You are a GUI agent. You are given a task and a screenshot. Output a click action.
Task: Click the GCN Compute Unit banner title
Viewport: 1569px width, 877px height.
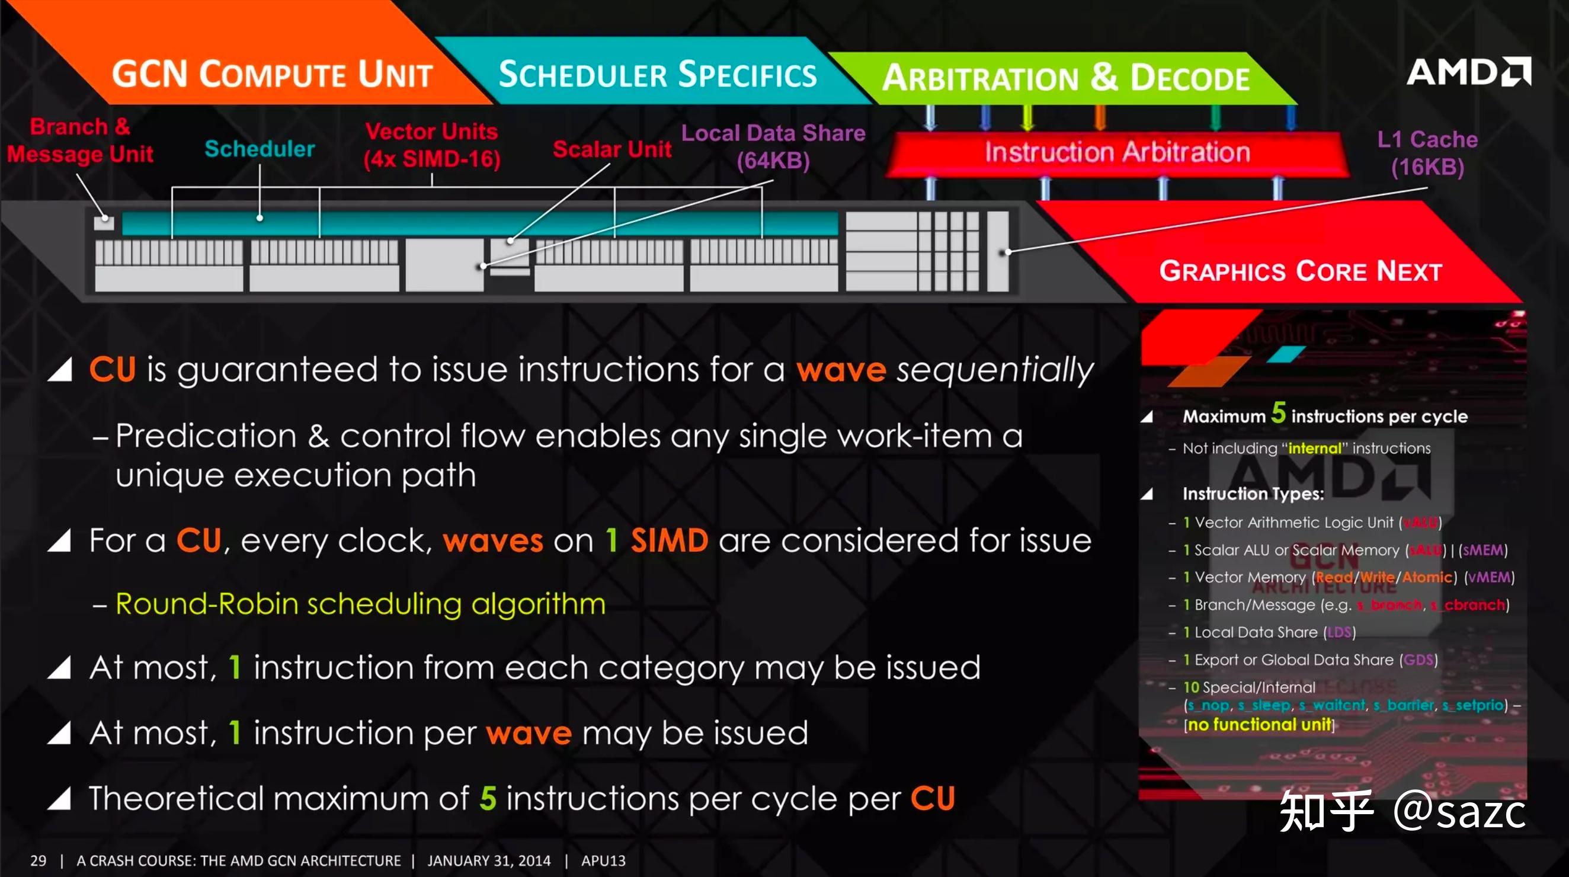coord(271,75)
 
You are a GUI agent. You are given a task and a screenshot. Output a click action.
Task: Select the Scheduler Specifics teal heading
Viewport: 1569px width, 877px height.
coord(657,75)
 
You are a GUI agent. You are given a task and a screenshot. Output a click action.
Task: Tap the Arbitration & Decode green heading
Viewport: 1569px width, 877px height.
coord(1065,79)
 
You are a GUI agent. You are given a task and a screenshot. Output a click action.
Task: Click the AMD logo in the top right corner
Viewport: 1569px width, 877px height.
coord(1468,72)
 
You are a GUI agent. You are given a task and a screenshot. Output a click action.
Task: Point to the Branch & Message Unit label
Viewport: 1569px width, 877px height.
coord(80,140)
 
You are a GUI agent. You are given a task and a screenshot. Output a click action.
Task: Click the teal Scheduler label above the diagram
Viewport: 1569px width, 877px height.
coord(260,149)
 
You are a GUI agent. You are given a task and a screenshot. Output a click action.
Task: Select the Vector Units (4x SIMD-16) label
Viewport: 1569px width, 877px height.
coord(432,145)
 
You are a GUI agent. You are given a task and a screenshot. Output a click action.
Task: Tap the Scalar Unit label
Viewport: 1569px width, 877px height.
coord(611,149)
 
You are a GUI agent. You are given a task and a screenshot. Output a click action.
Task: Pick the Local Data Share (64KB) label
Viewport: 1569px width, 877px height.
coord(773,147)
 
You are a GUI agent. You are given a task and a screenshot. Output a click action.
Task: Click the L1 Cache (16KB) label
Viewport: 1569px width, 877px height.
coord(1427,153)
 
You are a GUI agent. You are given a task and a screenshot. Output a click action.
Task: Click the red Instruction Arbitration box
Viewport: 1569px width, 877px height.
coord(1117,152)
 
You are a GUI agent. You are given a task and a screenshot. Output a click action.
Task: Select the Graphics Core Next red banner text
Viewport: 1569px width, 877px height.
coord(1301,271)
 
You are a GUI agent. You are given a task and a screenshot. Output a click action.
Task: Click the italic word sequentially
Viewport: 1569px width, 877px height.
coord(995,370)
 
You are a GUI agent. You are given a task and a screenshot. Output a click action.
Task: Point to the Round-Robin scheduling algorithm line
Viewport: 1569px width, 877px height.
coord(361,604)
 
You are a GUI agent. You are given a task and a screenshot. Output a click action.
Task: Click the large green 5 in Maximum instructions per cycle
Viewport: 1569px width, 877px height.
coord(1278,414)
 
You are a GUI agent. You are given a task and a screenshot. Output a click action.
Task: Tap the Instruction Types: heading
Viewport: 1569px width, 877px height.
coord(1253,494)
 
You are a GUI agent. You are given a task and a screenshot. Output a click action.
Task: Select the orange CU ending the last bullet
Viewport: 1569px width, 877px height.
coord(933,798)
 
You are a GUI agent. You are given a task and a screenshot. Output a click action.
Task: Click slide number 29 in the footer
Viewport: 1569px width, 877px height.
coord(38,860)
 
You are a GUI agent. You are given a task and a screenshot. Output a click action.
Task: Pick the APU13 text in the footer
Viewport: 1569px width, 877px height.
coord(603,860)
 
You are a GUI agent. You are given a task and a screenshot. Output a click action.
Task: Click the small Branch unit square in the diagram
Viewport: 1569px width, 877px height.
coord(104,222)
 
